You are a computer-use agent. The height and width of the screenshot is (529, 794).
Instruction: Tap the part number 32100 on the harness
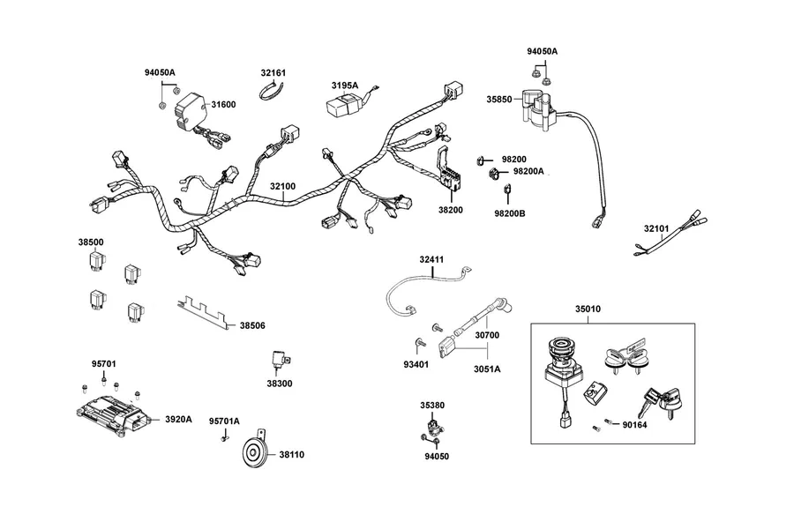(282, 186)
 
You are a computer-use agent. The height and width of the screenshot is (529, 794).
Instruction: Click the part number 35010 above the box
(588, 309)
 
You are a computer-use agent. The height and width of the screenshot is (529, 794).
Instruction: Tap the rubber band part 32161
(272, 91)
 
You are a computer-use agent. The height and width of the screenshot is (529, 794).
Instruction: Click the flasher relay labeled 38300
(280, 361)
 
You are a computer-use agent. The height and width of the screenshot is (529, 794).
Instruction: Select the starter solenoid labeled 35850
(539, 111)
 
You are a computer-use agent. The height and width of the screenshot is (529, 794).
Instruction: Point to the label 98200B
(509, 213)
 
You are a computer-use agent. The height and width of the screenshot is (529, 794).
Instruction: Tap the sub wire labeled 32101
(670, 234)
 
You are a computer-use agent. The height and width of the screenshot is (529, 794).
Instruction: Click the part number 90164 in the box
(634, 425)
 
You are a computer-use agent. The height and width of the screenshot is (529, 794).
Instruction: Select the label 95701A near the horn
(224, 421)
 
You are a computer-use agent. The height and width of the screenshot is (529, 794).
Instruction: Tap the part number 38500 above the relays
(91, 242)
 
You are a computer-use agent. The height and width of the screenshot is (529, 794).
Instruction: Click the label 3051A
(487, 369)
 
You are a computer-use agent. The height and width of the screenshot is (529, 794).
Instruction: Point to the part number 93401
(416, 364)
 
